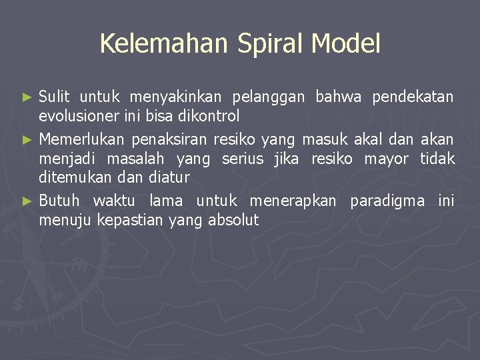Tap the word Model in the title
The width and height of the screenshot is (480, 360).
(346, 44)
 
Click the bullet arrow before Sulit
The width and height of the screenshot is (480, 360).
(27, 97)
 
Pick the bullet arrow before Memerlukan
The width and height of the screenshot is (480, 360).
(27, 140)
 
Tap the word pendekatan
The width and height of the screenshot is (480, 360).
(413, 97)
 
